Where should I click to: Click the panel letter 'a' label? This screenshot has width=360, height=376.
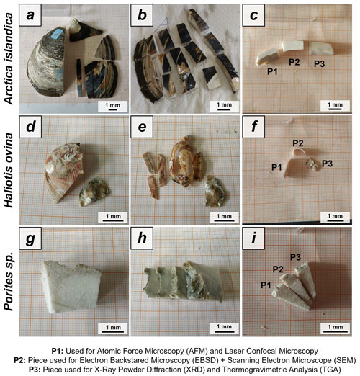(x=30, y=15)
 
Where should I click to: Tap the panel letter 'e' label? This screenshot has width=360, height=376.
(x=142, y=127)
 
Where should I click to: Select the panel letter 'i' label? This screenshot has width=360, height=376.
(x=253, y=238)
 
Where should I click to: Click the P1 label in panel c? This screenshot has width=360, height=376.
(x=273, y=71)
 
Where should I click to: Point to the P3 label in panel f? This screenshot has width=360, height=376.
(x=328, y=164)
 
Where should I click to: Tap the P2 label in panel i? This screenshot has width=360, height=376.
(x=278, y=269)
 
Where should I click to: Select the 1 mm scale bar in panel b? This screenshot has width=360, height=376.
(x=224, y=109)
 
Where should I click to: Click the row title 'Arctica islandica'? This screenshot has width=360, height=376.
(x=9, y=58)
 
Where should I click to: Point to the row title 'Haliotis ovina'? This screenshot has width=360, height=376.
(x=9, y=170)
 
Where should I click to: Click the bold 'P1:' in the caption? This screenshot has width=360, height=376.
(x=58, y=351)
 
